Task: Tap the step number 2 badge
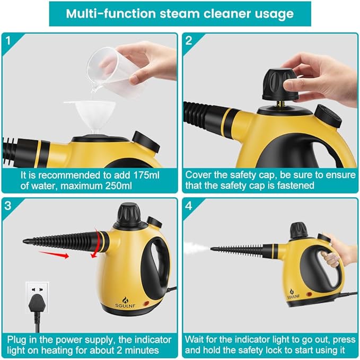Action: coord(189,40)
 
